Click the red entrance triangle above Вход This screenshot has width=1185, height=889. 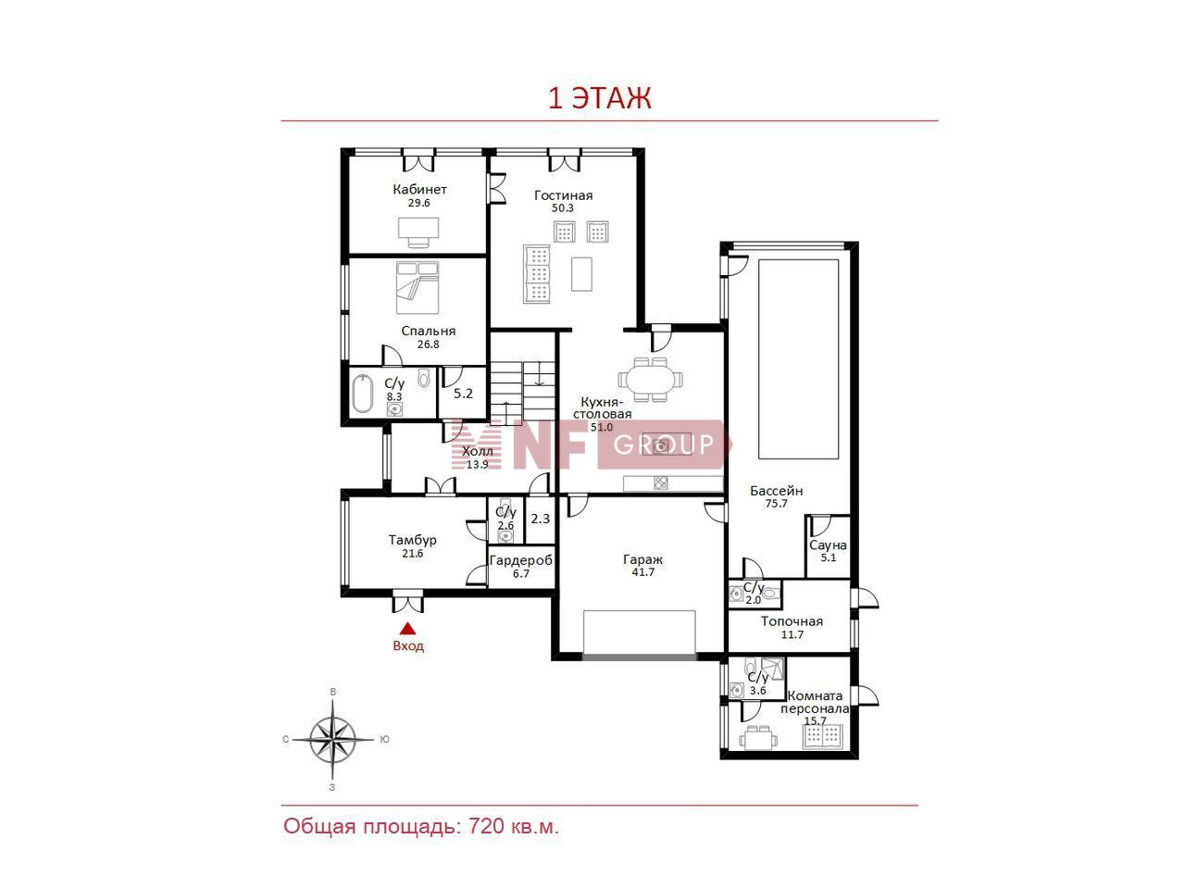[407, 628]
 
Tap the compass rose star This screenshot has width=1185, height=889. [333, 740]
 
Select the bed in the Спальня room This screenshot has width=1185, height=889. [418, 288]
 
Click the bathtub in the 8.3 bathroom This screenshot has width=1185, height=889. [363, 394]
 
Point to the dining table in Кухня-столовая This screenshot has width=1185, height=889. [650, 380]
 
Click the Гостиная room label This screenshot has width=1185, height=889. [563, 195]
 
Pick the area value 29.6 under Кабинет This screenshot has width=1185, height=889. [419, 204]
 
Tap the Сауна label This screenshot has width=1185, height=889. [828, 545]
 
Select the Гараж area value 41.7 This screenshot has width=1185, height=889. [643, 572]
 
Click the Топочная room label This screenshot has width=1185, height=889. [792, 621]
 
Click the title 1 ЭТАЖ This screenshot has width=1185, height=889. [600, 98]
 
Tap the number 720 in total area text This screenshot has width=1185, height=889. [486, 826]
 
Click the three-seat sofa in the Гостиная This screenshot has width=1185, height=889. [537, 274]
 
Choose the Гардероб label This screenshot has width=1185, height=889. [521, 561]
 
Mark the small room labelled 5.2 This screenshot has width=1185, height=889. [463, 394]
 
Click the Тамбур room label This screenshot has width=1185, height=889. [413, 540]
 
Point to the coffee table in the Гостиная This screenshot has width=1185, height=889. [581, 274]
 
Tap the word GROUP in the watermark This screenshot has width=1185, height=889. [664, 444]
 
